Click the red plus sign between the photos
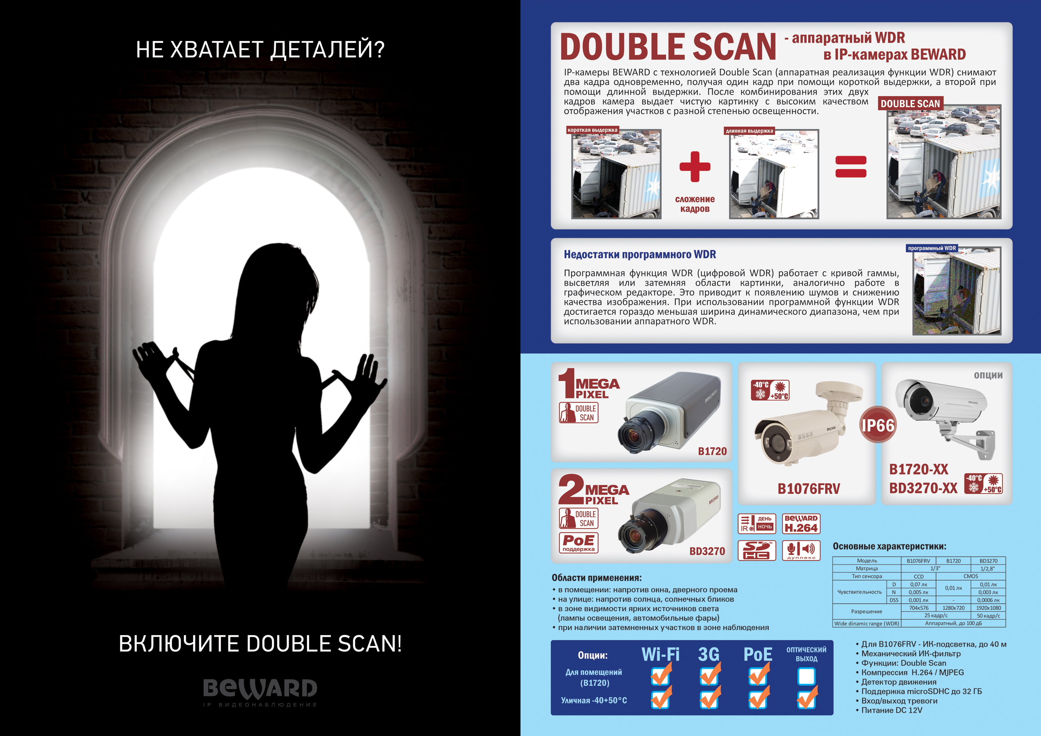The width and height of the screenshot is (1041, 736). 695,166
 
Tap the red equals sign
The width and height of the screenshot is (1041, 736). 851,166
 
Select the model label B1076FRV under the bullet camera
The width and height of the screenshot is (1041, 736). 809,488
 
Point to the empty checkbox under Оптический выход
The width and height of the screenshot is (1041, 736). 806,676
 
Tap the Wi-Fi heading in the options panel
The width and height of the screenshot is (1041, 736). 660,655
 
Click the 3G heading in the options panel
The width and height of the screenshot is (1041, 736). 709,655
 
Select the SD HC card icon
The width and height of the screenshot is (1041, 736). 757,550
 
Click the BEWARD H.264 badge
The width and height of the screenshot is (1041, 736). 801,524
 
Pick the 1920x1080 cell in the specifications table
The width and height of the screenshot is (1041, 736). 988,608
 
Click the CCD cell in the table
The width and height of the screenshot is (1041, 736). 919,576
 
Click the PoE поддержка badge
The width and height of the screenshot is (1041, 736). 578,543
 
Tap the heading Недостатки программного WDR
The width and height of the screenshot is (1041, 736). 640,254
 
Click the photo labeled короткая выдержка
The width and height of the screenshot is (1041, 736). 616,174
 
